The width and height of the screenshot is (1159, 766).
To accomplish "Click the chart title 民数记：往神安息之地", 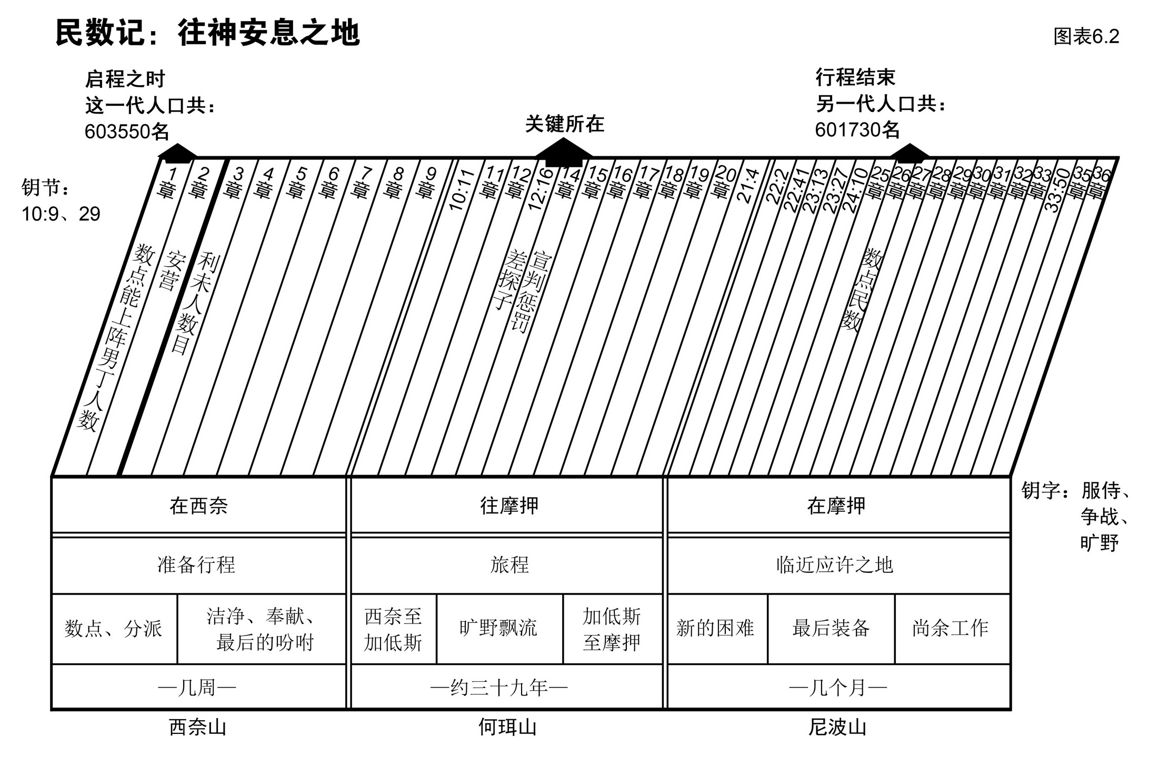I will coord(207,33).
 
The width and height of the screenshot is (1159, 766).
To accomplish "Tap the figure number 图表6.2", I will coord(1086,36).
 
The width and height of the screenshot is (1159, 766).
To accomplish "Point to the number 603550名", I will coord(127,132).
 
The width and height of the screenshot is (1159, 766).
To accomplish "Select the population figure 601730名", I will coord(857,129).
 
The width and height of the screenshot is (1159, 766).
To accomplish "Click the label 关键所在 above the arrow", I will coord(565,124).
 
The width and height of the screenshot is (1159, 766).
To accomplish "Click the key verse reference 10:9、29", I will coord(61,214).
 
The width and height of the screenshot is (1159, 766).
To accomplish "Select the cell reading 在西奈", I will coord(198,506).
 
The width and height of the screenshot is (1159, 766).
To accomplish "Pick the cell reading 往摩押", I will coord(509,506).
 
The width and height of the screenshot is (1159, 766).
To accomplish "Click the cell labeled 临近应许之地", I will coord(835,565).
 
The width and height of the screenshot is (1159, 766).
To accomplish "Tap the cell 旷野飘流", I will coord(498,628).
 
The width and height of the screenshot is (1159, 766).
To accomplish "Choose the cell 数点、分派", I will coord(114,629).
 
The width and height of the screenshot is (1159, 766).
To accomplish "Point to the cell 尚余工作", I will coord(950,628).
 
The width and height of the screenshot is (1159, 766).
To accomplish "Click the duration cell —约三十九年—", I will coord(498,687).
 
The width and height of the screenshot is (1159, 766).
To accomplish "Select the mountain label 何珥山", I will coord(507,728).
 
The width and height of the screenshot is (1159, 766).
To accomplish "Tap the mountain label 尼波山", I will coord(837,728).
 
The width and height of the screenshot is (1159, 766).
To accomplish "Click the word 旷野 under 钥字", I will coord(1099,543).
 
